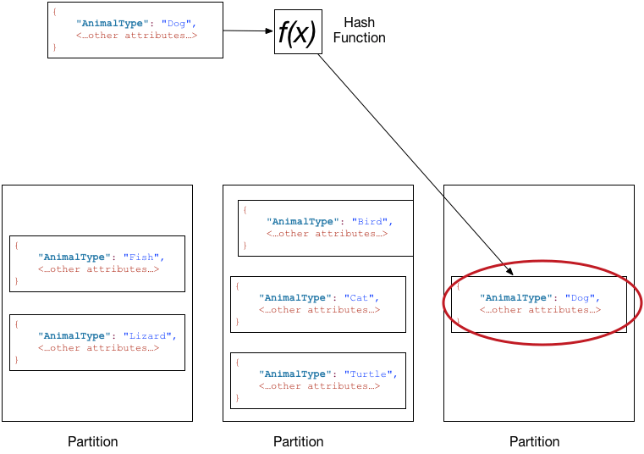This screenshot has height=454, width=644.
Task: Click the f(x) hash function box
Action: pos(297,32)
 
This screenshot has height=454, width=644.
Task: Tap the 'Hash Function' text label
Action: pos(359,30)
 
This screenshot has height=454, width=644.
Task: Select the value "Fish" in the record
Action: pos(141,257)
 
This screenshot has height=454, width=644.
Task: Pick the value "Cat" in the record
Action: pos(361,297)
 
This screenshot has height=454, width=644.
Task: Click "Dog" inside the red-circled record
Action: pos(582,297)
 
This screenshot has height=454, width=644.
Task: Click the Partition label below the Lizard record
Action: pos(93,441)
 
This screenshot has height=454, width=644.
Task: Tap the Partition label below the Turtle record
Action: pos(298,441)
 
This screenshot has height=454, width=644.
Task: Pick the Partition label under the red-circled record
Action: pos(534,441)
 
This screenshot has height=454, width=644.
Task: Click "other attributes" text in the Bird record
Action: pos(327,234)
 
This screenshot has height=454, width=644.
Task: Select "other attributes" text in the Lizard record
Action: pos(98,347)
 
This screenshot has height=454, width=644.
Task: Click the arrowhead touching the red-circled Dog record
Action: pos(510,273)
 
